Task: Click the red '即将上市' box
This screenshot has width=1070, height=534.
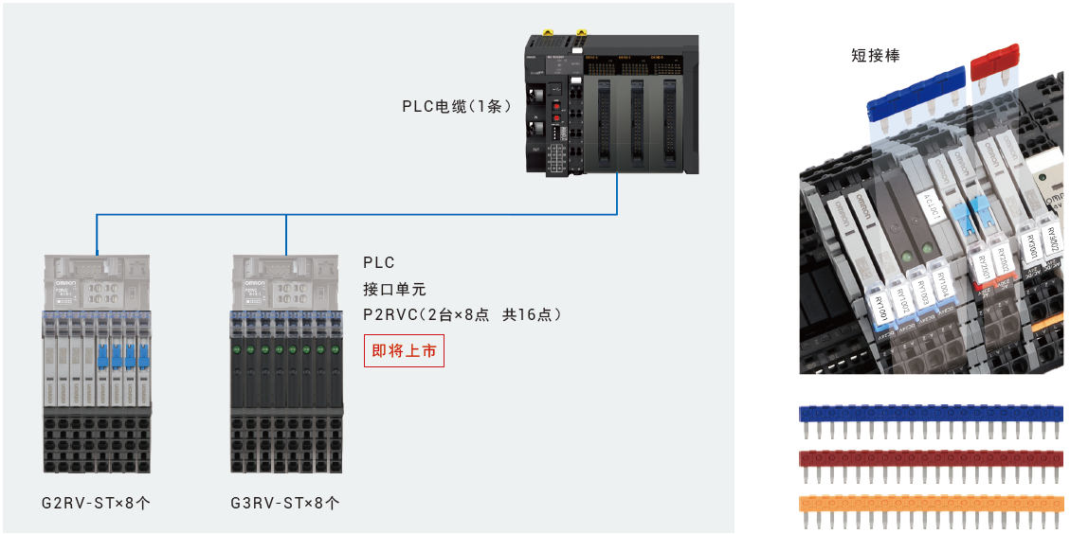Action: click(x=405, y=350)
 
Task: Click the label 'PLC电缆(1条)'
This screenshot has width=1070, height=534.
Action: click(x=456, y=106)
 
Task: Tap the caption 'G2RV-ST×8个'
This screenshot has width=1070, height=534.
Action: click(x=96, y=503)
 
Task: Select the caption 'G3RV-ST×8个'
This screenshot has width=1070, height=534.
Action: click(x=285, y=503)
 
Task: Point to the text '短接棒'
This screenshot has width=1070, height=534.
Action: click(x=875, y=56)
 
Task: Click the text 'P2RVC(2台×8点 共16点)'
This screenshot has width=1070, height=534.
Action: click(x=462, y=314)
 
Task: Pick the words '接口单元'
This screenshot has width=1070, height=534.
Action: click(x=394, y=289)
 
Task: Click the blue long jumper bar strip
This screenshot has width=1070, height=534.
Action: click(x=931, y=414)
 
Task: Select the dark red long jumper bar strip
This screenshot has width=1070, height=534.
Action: click(x=931, y=458)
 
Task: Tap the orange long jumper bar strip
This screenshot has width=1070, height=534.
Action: click(x=931, y=503)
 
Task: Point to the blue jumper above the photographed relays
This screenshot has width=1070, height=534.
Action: click(x=914, y=96)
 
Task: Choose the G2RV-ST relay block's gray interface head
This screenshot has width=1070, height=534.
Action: click(x=97, y=282)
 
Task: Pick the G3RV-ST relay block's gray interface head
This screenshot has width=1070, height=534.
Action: click(x=286, y=282)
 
